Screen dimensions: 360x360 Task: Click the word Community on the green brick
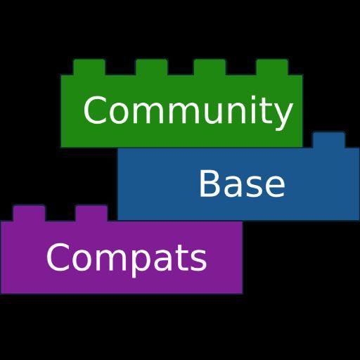[188, 112]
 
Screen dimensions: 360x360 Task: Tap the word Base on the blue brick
[242, 184]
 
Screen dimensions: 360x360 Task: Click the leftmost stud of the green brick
[89, 67]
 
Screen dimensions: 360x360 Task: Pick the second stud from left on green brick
[152, 67]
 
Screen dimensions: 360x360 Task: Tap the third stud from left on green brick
[210, 67]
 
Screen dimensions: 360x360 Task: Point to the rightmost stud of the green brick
[272, 67]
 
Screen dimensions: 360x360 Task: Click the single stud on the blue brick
[329, 140]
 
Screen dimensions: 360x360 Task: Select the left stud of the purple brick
[30, 213]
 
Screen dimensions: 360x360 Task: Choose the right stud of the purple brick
[91, 213]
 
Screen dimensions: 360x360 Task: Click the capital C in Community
[94, 110]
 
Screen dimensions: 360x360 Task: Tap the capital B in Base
[210, 184]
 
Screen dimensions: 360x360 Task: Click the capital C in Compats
[57, 257]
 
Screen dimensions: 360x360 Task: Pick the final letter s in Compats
[199, 261]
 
